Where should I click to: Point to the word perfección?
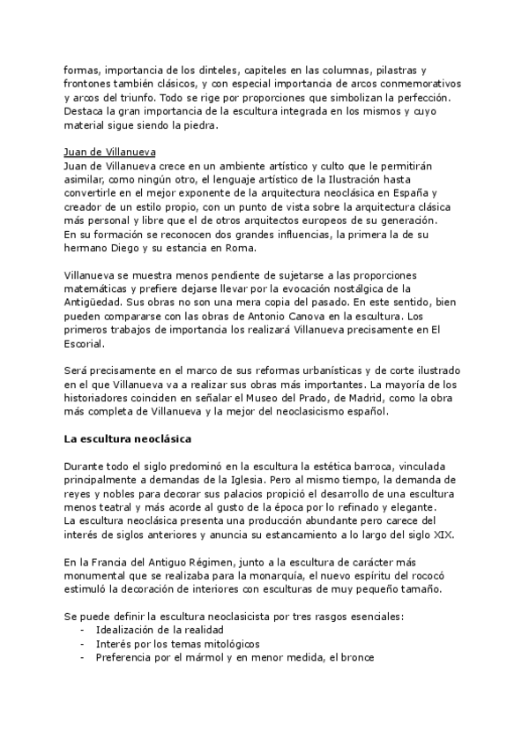(x=423, y=97)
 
